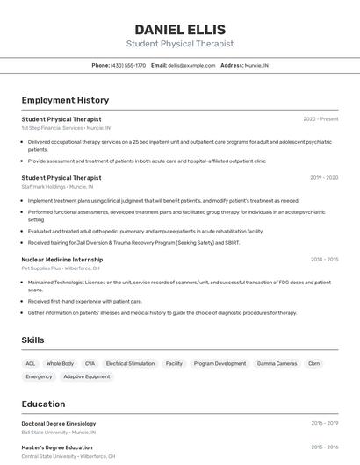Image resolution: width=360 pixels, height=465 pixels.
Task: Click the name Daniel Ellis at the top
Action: (x=180, y=29)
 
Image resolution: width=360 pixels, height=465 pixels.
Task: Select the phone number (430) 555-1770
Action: (x=128, y=65)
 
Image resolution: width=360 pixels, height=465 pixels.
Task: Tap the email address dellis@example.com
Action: (x=191, y=65)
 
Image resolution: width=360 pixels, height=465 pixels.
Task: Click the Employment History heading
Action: (x=65, y=100)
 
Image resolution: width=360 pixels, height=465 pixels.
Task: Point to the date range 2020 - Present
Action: (x=320, y=118)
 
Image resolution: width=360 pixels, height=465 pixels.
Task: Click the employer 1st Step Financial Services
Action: (x=52, y=128)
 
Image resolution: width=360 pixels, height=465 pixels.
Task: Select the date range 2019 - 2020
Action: (x=324, y=177)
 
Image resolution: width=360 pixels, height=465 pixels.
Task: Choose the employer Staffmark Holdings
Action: (x=44, y=187)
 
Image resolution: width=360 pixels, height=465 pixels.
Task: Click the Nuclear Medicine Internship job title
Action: (x=61, y=260)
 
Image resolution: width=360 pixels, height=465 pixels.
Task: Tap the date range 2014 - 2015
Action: (x=324, y=260)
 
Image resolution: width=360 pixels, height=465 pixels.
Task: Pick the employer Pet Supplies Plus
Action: (x=41, y=268)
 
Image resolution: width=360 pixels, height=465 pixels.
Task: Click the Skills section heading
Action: (x=32, y=340)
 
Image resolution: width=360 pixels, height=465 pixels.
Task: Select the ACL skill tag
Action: (x=31, y=363)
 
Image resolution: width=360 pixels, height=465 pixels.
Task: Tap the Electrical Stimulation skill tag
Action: (x=130, y=363)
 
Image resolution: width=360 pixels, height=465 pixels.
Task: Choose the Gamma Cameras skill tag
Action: (x=277, y=363)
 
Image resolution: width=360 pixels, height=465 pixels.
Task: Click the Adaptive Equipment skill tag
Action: (x=87, y=376)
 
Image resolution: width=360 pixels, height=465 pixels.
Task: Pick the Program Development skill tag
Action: (x=220, y=363)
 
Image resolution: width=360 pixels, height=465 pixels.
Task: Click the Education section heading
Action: (x=43, y=404)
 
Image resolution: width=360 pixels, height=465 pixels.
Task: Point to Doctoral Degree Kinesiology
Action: (x=59, y=423)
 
